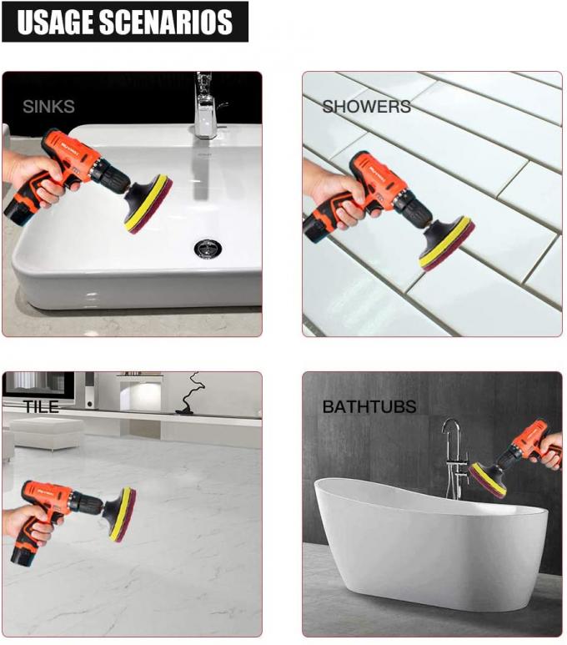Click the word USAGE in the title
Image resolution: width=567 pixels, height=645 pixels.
pyautogui.click(x=55, y=23)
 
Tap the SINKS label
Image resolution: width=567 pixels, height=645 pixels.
pyautogui.click(x=48, y=107)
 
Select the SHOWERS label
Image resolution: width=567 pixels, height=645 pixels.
pyautogui.click(x=366, y=107)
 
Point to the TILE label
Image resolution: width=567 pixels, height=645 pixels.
pyautogui.click(x=41, y=407)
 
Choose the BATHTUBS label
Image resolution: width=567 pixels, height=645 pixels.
pyautogui.click(x=369, y=407)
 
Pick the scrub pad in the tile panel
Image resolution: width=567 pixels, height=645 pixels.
pyautogui.click(x=123, y=514)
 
